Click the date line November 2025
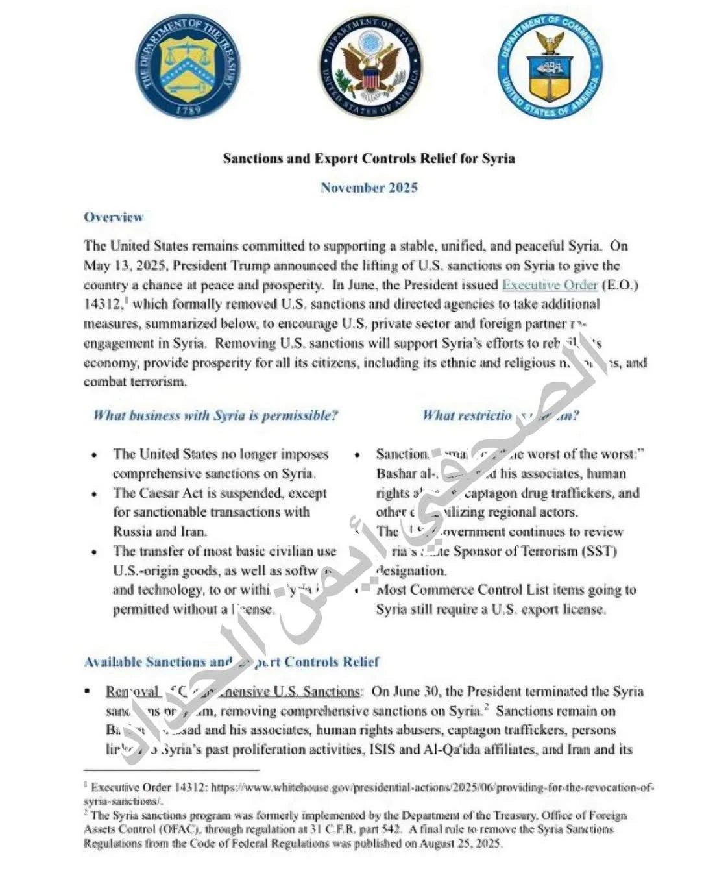point(369,188)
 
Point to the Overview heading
point(113,217)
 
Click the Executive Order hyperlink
point(550,285)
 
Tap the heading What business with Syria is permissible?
point(215,415)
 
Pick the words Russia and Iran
point(160,532)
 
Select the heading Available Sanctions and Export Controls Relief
point(231,662)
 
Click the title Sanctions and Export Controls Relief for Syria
point(369,158)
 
